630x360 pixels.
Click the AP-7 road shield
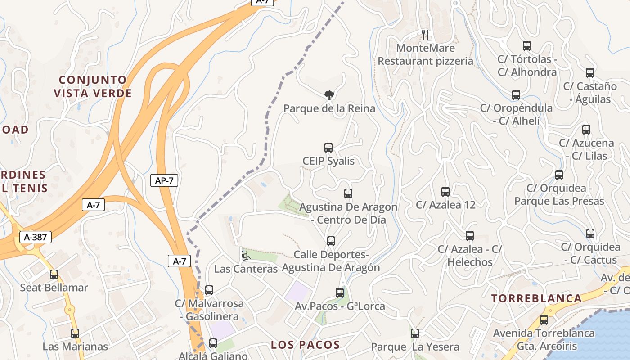pos(164,181)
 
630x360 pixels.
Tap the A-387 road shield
pos(36,237)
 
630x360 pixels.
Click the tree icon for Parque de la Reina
pos(329,95)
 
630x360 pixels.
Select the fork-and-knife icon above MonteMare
pos(425,34)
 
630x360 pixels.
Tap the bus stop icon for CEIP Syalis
pos(328,148)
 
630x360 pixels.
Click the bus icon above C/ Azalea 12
pos(445,192)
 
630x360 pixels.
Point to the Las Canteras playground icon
pos(245,256)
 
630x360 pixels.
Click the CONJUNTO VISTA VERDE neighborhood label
pos(93,87)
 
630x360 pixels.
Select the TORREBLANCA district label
pos(536,298)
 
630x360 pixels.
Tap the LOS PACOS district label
pos(305,345)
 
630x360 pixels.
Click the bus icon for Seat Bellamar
pos(54,274)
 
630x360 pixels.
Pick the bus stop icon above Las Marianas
pos(75,333)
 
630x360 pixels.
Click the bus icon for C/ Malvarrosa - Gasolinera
pos(209,290)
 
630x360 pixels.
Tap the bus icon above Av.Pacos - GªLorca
pos(340,293)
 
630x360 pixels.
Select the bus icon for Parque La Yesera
pos(415,333)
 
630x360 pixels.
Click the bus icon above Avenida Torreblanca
pos(544,320)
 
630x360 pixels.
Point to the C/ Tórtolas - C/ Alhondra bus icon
pos(527,45)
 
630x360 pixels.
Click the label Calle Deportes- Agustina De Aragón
pos(331,261)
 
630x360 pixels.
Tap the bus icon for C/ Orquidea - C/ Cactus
pos(590,234)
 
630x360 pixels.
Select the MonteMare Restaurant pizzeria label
pos(425,54)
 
